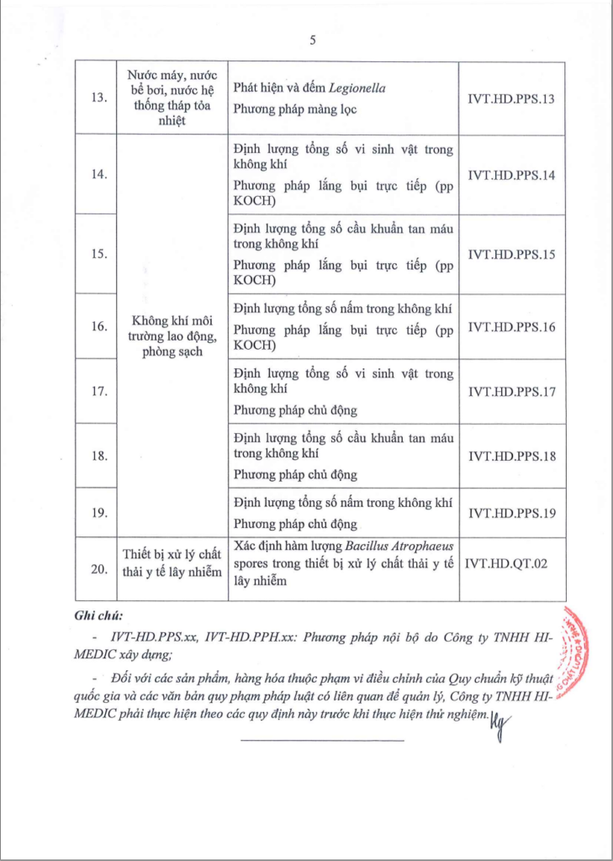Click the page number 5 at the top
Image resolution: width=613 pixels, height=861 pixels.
[x=312, y=40]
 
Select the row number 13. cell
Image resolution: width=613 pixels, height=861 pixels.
[x=98, y=99]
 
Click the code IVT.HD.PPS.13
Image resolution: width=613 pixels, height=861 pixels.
[x=510, y=99]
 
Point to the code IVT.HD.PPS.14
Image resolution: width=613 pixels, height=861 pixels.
[x=510, y=175]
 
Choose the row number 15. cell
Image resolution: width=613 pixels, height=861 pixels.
[x=98, y=255]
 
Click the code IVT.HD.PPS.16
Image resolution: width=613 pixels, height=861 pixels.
[x=510, y=327]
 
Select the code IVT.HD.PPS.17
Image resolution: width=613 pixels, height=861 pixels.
[x=510, y=392]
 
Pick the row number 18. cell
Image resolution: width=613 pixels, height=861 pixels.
[x=98, y=456]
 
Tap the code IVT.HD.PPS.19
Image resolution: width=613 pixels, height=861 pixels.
[x=510, y=512]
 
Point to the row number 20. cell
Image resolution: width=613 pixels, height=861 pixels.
[x=98, y=569]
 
